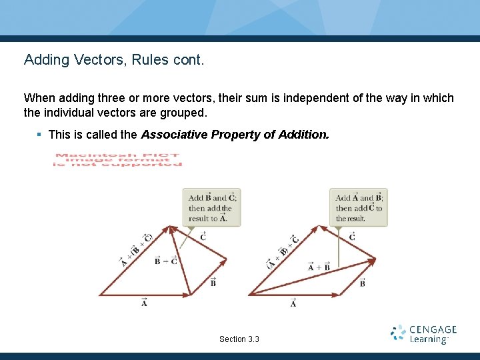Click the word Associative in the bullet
[x=173, y=135]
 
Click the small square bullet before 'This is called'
[x=39, y=135]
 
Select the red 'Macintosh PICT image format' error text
[x=117, y=161]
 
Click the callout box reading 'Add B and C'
[x=212, y=207]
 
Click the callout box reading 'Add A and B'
[x=359, y=207]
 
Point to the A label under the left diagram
[x=145, y=303]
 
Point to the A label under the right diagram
[x=293, y=303]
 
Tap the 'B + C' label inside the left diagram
[x=165, y=261]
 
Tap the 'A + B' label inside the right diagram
[x=319, y=267]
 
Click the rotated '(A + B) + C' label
[x=283, y=253]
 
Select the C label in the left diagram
[x=203, y=236]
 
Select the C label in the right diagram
[x=352, y=236]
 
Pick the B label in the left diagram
[x=213, y=282]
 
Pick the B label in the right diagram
[x=362, y=283]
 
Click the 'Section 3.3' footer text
[x=239, y=339]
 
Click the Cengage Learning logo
[x=423, y=334]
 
